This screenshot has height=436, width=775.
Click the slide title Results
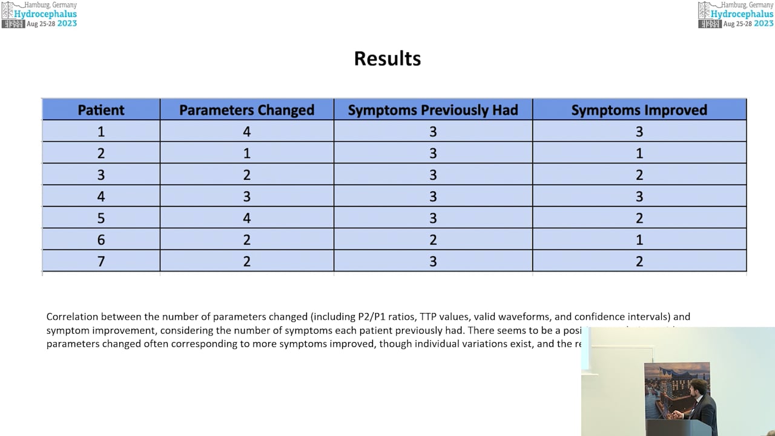387,59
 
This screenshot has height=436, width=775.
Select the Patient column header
101,110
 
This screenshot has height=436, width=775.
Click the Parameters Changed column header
246,110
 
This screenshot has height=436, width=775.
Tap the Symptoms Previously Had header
433,110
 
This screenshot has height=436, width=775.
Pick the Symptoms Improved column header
639,110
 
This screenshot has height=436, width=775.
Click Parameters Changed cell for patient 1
246,131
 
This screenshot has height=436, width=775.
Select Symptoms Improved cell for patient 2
639,153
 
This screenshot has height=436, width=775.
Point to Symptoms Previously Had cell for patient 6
433,240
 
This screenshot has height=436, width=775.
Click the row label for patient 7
101,261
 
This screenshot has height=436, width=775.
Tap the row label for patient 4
101,196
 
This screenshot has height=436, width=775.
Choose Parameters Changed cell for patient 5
246,218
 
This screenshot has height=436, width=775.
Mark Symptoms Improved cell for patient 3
639,175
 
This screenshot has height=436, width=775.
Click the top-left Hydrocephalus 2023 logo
39,15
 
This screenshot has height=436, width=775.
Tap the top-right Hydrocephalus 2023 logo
736,15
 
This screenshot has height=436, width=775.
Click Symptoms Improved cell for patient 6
639,240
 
